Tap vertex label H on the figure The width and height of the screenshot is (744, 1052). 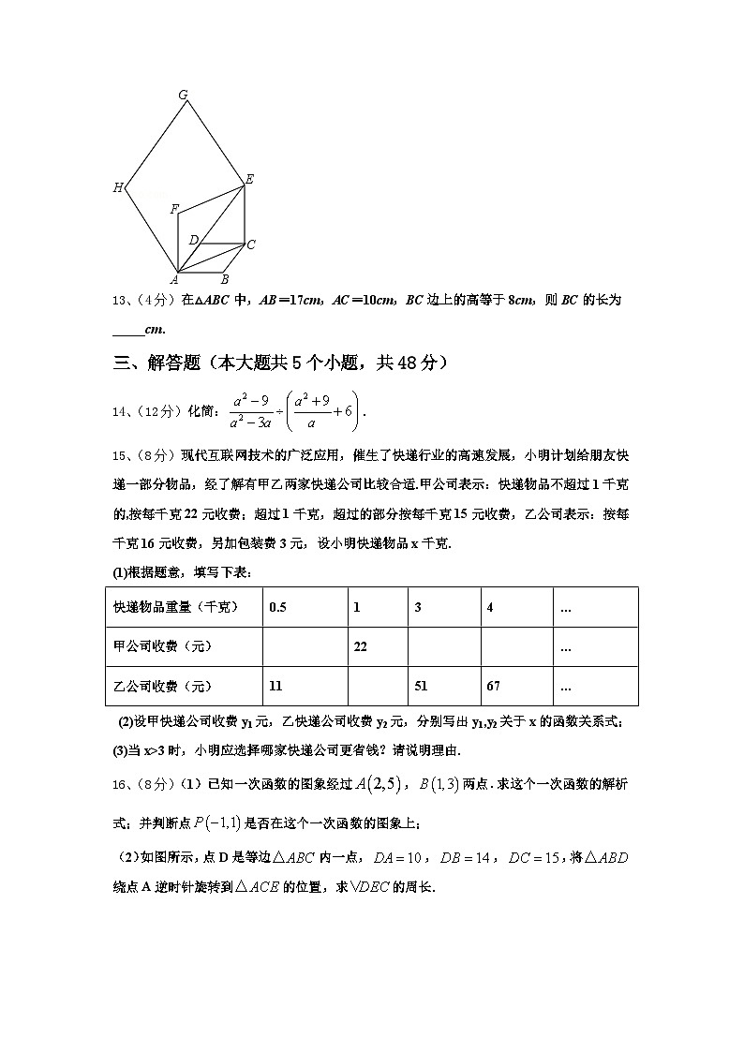pyautogui.click(x=118, y=187)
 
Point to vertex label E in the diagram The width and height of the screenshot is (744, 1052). pyautogui.click(x=249, y=178)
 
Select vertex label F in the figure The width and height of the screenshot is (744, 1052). pyautogui.click(x=173, y=209)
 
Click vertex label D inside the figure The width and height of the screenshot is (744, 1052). pyautogui.click(x=192, y=240)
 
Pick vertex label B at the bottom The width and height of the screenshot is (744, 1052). pyautogui.click(x=224, y=279)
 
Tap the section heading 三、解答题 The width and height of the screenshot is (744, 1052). pyautogui.click(x=156, y=363)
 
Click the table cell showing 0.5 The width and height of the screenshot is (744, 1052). pyautogui.click(x=277, y=607)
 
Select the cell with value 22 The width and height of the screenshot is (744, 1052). pyautogui.click(x=358, y=646)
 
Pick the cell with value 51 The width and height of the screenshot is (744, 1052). pyautogui.click(x=422, y=686)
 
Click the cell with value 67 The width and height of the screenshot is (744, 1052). pyautogui.click(x=493, y=686)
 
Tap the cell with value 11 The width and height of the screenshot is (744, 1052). pyautogui.click(x=275, y=686)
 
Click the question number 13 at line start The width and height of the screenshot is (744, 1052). pyautogui.click(x=118, y=300)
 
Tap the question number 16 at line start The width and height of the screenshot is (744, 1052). pyautogui.click(x=118, y=784)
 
